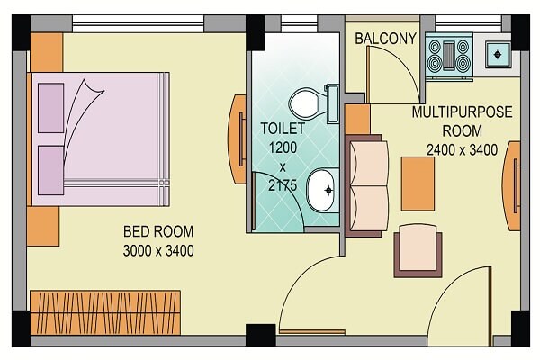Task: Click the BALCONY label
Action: pos(385,39)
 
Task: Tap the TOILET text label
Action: pos(283,129)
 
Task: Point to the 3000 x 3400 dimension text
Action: pos(158,250)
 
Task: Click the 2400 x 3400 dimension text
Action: pos(462,149)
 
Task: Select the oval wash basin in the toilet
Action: pos(320,190)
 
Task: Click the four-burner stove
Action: pos(449,53)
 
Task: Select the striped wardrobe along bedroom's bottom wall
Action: pos(104,310)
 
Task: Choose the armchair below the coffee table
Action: pos(418,248)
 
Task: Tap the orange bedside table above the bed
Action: pos(46,53)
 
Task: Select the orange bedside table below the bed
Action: pos(42,227)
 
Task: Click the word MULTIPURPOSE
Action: pos(462,113)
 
